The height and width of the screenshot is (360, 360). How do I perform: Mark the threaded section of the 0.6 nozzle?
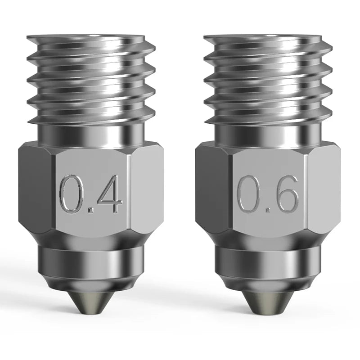(x=268, y=81)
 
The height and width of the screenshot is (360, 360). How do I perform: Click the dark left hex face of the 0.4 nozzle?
(x=36, y=189)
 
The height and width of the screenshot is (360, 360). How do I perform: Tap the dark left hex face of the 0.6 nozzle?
(x=212, y=189)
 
